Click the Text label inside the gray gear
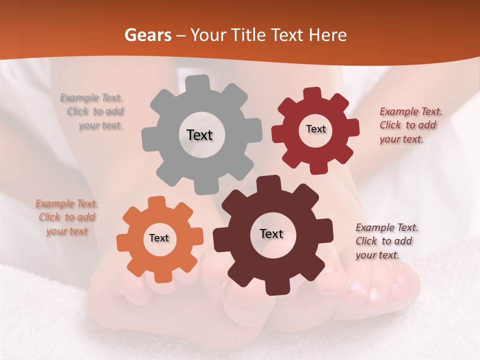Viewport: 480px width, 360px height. [199, 135]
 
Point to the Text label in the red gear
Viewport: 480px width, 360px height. [315, 129]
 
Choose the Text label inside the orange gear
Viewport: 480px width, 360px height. [159, 238]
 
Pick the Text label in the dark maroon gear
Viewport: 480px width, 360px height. [271, 233]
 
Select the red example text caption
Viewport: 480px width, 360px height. [410, 125]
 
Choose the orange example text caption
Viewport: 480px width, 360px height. [67, 217]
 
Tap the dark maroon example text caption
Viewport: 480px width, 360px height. [386, 241]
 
